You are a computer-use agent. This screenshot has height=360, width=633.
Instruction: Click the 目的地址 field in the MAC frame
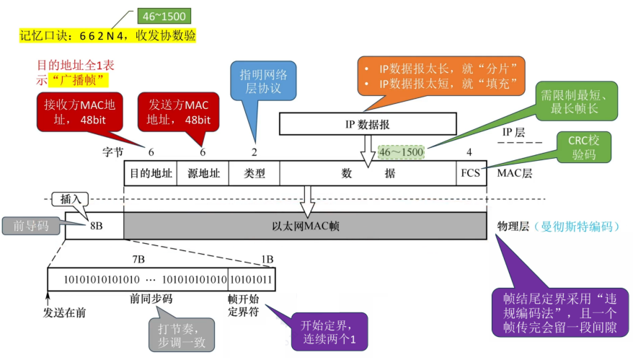(x=150, y=174)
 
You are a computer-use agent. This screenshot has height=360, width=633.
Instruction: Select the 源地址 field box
(x=203, y=174)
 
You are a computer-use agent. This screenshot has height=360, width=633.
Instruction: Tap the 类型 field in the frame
(x=254, y=174)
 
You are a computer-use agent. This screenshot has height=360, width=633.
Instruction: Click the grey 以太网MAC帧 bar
(x=305, y=226)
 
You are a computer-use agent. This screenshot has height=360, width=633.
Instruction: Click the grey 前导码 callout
(x=31, y=226)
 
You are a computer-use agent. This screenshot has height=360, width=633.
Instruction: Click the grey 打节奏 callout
(x=181, y=334)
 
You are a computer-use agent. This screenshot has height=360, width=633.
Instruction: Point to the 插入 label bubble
(x=68, y=198)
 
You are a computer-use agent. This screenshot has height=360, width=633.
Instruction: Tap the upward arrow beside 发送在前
(x=48, y=297)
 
